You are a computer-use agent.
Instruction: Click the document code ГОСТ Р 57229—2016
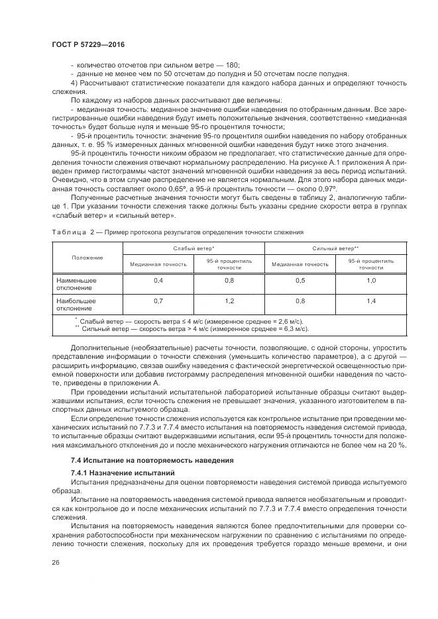[x=87, y=44]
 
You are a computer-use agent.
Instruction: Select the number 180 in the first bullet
[x=232, y=65]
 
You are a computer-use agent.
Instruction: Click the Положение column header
[x=87, y=257]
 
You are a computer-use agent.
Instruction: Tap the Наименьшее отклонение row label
[x=77, y=284]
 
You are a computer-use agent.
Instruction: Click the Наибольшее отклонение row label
[x=77, y=305]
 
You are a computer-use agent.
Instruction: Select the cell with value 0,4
[x=158, y=281]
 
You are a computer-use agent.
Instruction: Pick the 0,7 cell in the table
[x=158, y=301]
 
